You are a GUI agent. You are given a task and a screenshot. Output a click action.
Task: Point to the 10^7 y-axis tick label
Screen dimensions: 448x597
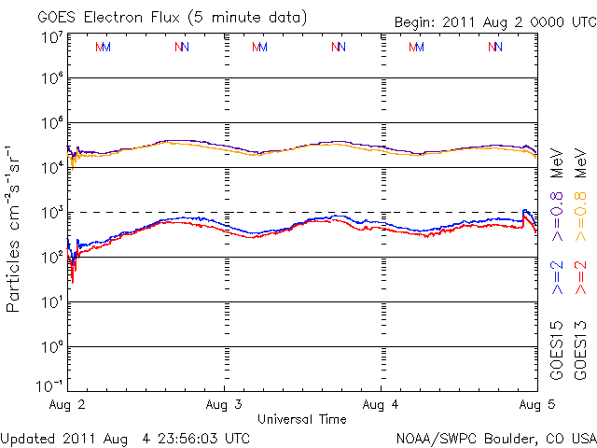point(51,37)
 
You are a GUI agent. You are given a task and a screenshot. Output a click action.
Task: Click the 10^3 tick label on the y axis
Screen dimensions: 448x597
point(51,212)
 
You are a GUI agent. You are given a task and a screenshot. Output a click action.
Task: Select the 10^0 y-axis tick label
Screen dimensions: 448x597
point(51,346)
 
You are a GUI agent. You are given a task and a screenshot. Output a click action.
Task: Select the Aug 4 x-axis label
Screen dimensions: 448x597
point(381,406)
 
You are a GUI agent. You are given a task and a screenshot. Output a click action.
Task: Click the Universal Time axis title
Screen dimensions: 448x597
point(302,418)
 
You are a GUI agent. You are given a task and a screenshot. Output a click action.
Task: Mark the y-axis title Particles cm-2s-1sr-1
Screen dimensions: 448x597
point(16,228)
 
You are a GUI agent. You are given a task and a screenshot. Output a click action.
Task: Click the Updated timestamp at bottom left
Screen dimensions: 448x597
point(125,437)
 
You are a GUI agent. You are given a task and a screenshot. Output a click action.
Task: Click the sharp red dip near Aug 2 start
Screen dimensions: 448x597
point(73,277)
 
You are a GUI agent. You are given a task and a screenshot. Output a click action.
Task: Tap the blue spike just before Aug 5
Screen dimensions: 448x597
point(526,211)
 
